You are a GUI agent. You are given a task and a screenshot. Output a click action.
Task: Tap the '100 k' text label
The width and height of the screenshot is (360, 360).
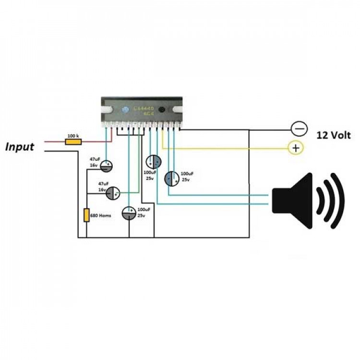[73, 136]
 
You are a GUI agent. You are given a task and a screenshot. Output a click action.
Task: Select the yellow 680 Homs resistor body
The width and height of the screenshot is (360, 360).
[87, 215]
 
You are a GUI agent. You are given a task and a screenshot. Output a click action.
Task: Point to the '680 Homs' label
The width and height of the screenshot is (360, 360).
[101, 216]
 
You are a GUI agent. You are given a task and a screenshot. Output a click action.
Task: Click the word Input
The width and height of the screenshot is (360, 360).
[20, 147]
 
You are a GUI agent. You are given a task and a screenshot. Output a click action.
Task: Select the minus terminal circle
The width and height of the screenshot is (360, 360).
[299, 129]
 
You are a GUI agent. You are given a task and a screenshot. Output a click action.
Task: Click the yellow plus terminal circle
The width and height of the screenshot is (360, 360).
[295, 148]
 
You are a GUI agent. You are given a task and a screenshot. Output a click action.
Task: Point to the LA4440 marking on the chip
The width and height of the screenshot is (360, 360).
[144, 108]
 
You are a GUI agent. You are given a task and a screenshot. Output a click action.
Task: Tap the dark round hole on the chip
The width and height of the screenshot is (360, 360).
[162, 110]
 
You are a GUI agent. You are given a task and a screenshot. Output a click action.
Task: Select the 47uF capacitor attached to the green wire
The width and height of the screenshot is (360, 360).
[112, 193]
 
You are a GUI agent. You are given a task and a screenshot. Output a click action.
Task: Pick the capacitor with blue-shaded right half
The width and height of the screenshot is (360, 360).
[154, 162]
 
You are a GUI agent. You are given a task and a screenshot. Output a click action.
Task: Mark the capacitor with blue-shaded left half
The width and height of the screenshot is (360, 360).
[172, 179]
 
